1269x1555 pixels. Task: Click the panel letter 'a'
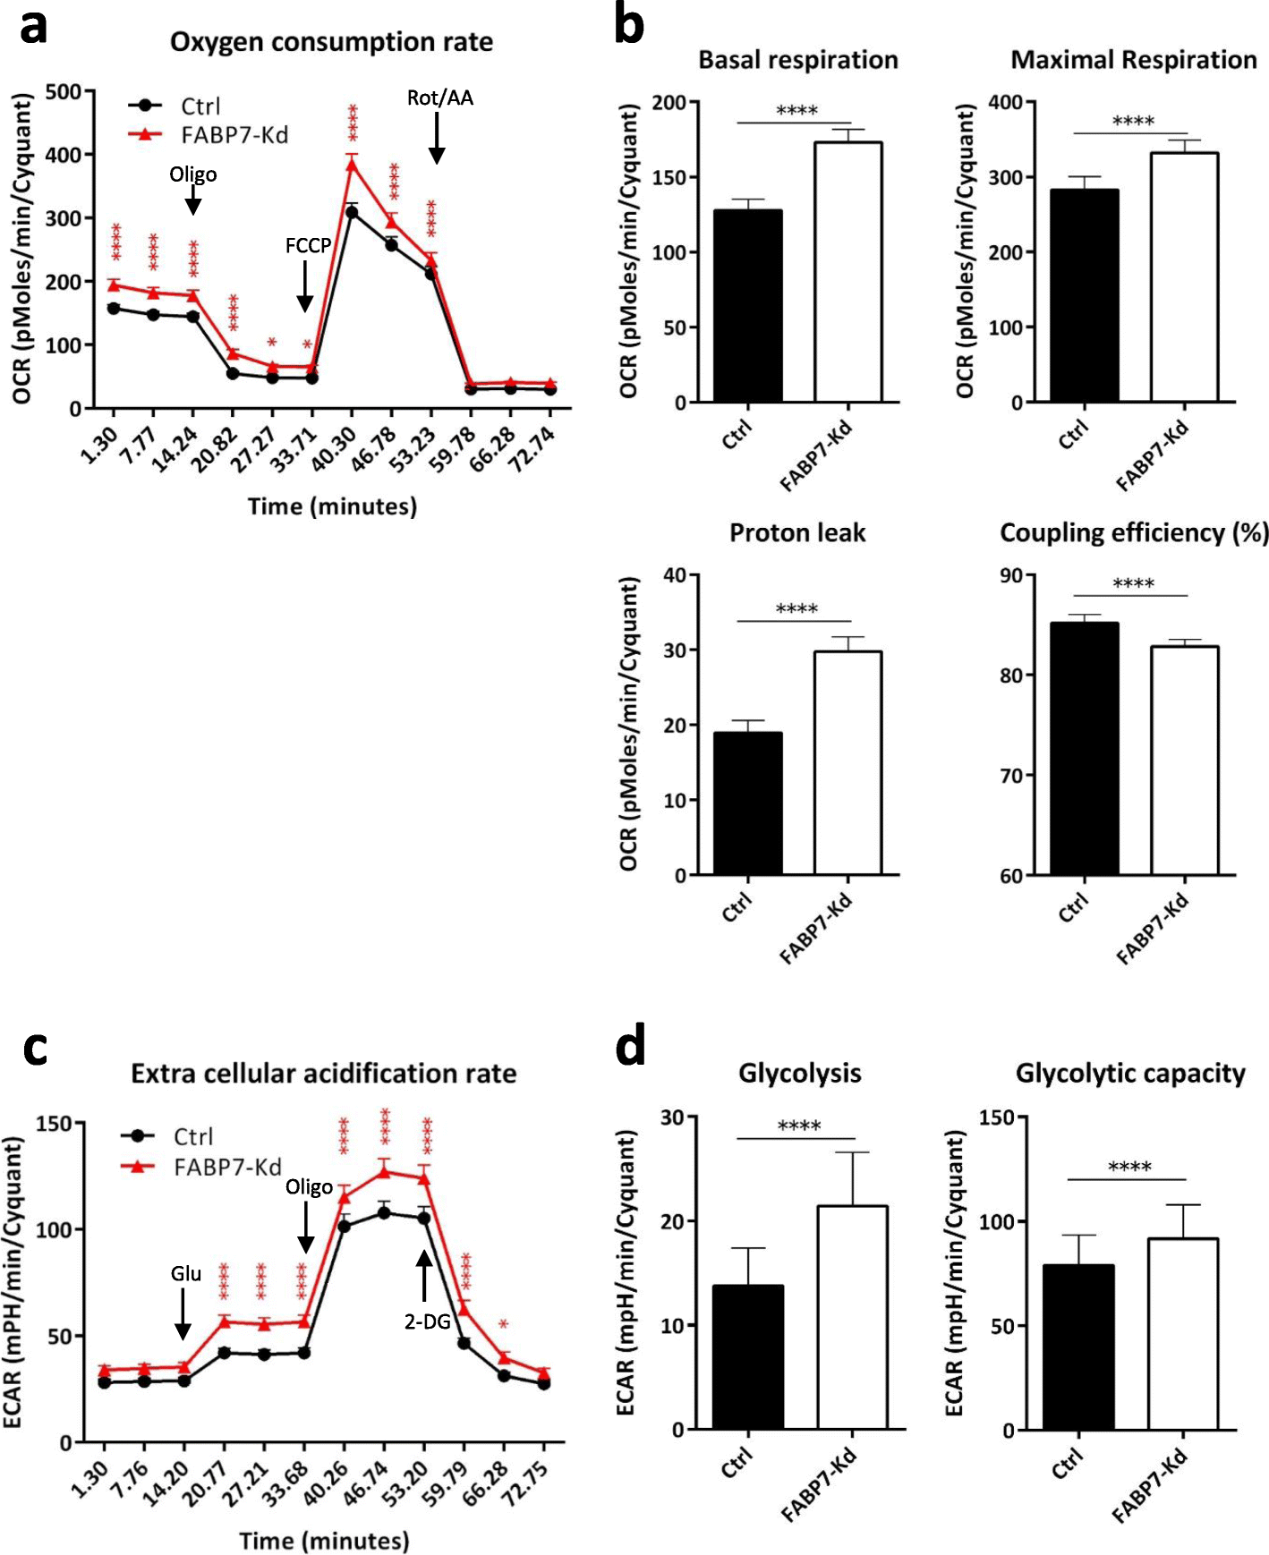coord(34,27)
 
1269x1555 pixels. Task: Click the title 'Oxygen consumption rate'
coord(331,42)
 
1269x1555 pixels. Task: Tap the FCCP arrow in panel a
coord(304,288)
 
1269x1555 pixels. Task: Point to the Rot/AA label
coord(439,98)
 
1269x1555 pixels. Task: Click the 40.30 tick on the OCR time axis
coord(340,447)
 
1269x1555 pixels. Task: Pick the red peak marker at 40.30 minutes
coord(352,164)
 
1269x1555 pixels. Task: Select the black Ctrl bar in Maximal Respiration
coord(1084,295)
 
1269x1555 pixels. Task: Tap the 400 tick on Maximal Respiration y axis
coord(1005,103)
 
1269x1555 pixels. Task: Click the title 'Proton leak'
coord(797,533)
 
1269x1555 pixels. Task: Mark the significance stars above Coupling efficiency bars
coord(1132,583)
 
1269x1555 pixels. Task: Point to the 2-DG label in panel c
coord(427,1321)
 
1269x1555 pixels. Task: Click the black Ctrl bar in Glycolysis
coord(748,1356)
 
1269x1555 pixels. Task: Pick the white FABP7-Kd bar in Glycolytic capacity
coord(1182,1333)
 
